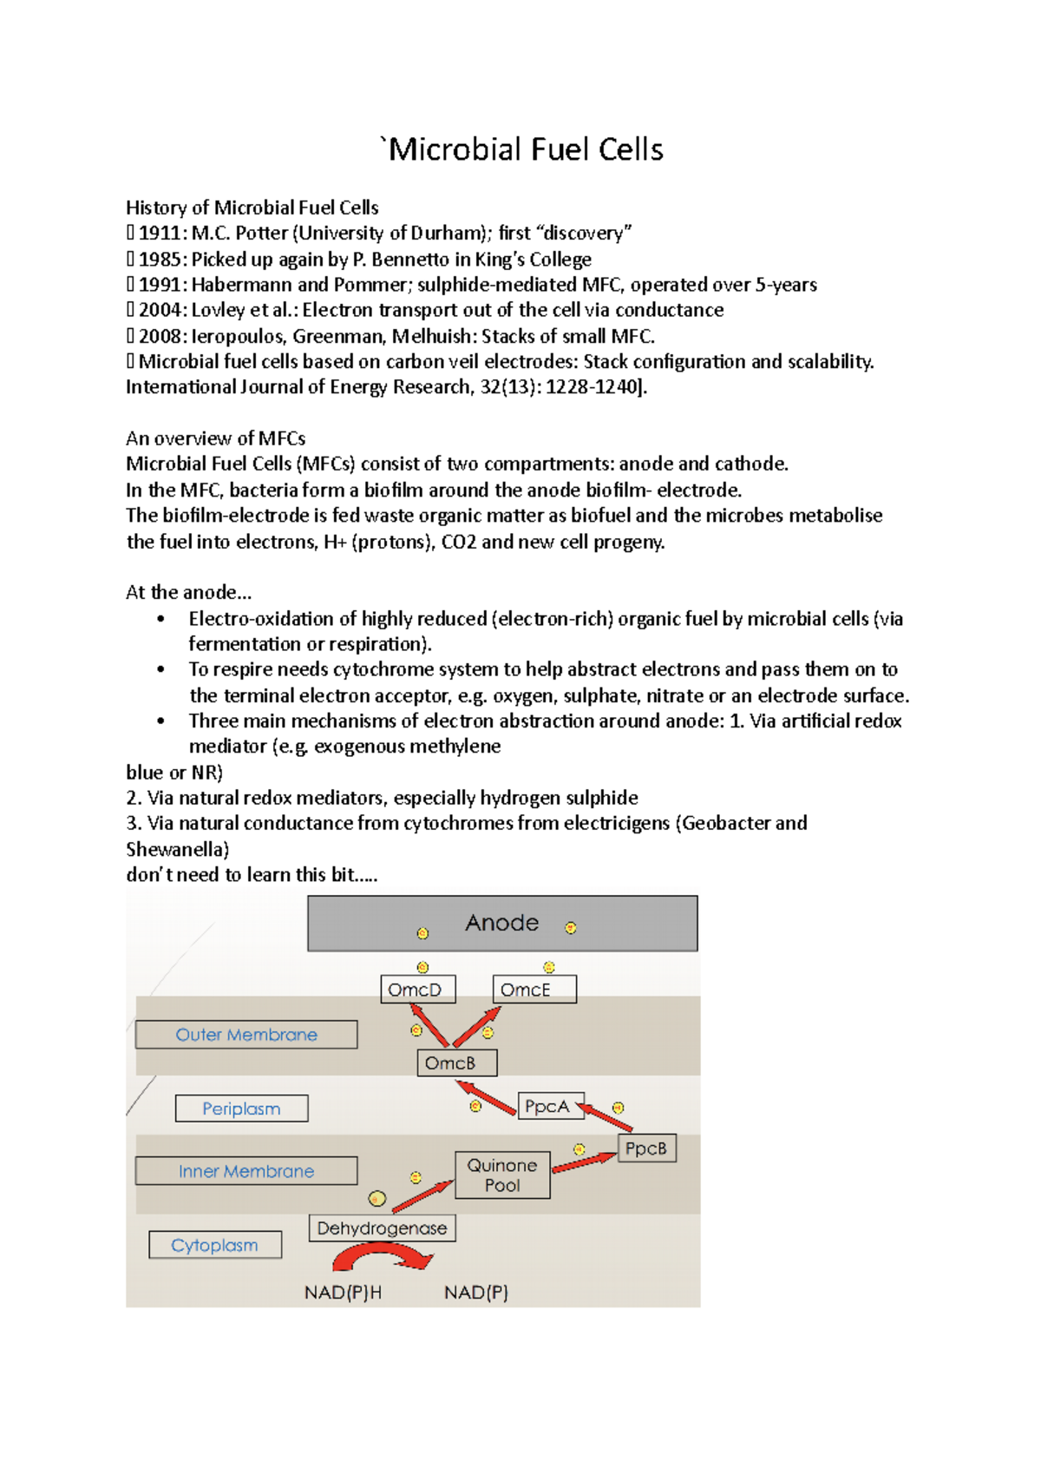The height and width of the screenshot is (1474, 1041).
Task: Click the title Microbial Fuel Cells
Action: point(525,149)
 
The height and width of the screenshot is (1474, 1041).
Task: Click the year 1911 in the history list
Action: point(160,234)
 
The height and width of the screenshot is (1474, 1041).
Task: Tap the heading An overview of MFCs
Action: point(215,438)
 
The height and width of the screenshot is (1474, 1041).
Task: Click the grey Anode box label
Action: point(502,923)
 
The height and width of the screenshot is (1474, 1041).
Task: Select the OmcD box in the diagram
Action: point(417,990)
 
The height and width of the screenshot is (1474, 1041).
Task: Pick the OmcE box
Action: point(534,990)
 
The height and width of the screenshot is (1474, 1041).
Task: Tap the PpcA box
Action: point(550,1106)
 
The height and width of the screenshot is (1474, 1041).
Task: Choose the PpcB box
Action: point(646,1148)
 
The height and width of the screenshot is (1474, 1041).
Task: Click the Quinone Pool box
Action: point(502,1175)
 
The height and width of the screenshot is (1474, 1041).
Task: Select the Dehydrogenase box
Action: point(382,1228)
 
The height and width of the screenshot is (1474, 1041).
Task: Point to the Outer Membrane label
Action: point(246,1035)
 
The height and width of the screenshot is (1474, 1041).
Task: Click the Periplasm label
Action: point(241,1109)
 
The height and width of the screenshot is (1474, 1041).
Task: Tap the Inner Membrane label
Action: point(246,1171)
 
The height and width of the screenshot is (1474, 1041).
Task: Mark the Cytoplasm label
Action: point(215,1245)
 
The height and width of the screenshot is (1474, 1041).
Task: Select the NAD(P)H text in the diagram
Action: point(343,1293)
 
